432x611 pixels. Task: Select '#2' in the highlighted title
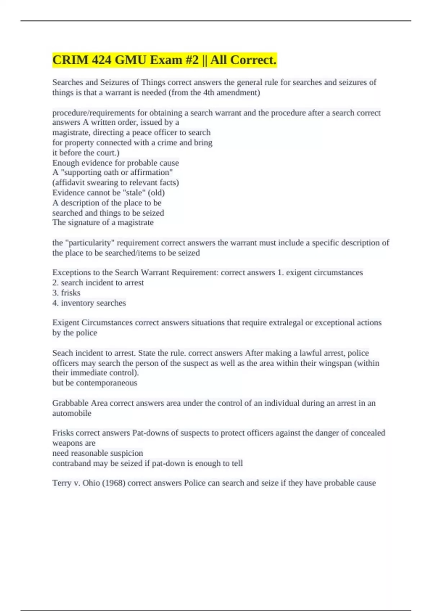pos(192,60)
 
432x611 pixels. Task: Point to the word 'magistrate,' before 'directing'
pos(71,133)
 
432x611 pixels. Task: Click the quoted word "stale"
pos(134,193)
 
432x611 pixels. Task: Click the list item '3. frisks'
pos(66,293)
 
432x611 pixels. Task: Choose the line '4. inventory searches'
pos(89,303)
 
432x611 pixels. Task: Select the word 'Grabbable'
pos(70,403)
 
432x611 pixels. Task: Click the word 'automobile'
pos(72,413)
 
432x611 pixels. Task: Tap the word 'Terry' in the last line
pos(62,483)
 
